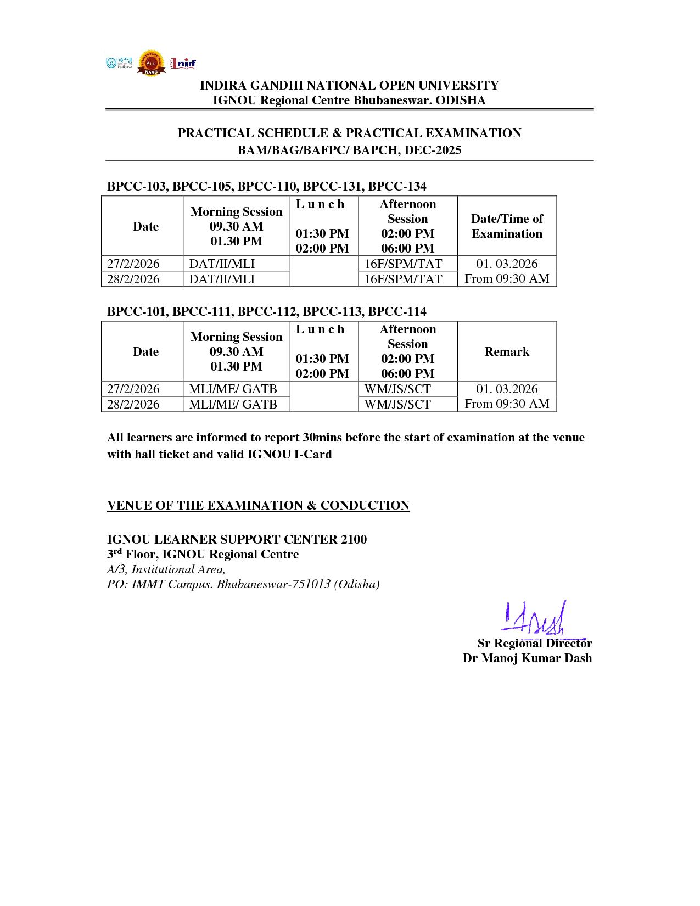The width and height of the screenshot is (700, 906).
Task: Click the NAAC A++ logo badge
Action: pyautogui.click(x=150, y=63)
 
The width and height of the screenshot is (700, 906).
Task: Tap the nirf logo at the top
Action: pyautogui.click(x=183, y=63)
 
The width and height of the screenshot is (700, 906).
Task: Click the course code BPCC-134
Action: pyautogui.click(x=397, y=186)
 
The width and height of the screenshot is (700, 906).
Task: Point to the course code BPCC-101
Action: pyautogui.click(x=137, y=311)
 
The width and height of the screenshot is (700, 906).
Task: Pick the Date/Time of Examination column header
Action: pyautogui.click(x=507, y=226)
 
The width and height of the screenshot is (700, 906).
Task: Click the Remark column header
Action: pyautogui.click(x=507, y=351)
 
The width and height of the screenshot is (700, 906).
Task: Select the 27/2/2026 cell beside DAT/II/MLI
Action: pyautogui.click(x=133, y=264)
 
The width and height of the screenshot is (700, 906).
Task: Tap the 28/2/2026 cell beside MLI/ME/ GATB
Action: pyautogui.click(x=133, y=404)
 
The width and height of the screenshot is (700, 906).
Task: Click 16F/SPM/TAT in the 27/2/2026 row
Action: pyautogui.click(x=404, y=264)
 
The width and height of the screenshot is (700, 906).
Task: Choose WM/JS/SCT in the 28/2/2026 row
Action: pyautogui.click(x=397, y=404)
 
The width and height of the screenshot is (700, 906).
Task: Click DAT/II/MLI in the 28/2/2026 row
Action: pyautogui.click(x=222, y=279)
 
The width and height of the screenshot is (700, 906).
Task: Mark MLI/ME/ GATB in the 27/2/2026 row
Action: pyautogui.click(x=233, y=389)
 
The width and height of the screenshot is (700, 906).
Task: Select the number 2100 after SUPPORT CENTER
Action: pyautogui.click(x=354, y=539)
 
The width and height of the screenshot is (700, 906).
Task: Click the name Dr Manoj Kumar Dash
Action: pyautogui.click(x=527, y=658)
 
